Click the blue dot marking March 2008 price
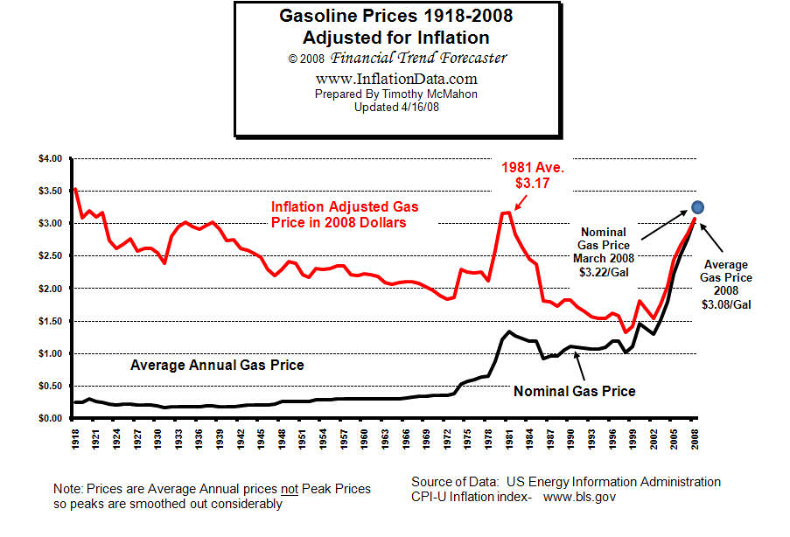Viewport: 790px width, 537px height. pos(697,207)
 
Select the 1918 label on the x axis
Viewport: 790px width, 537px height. pos(76,437)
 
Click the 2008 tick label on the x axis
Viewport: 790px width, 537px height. pos(696,437)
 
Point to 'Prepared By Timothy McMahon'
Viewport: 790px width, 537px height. pos(397,93)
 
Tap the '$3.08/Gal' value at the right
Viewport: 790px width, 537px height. pos(726,304)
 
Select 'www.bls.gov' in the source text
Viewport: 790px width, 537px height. pos(581,497)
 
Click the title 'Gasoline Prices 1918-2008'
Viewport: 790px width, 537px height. pos(396,16)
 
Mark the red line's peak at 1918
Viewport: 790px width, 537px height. pos(76,189)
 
